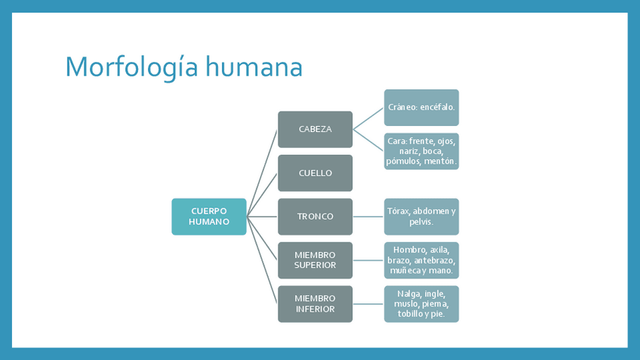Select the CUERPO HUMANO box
pos(209,217)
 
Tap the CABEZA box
pos(315,129)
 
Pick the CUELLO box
pos(315,173)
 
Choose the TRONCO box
pos(315,217)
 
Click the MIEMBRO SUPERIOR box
pos(315,260)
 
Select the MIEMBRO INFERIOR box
pos(315,303)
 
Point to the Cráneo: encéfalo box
pos(421,107)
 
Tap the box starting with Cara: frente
pos(421,151)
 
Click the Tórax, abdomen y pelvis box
pos(421,217)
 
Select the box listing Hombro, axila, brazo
pos(421,260)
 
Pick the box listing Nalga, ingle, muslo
pos(421,303)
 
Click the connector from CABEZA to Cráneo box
pos(368,118)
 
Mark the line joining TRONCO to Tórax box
pos(368,217)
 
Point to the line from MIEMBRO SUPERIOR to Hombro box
pos(368,260)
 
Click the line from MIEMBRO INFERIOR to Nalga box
pos(368,303)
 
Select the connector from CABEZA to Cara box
pos(368,140)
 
